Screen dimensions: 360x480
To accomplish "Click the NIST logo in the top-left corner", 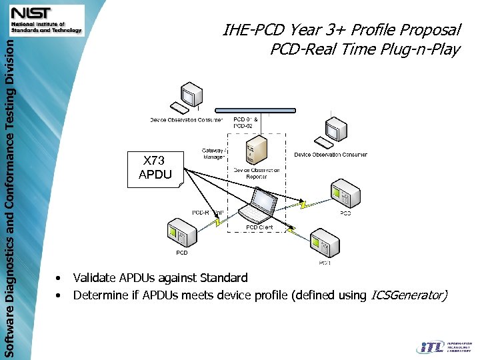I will click(46, 19).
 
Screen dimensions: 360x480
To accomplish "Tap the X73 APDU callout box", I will click(155, 167).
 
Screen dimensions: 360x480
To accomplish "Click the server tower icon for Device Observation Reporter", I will click(256, 151).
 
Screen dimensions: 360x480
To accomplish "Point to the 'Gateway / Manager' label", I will click(214, 154).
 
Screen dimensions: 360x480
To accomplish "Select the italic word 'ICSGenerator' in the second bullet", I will click(408, 295).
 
